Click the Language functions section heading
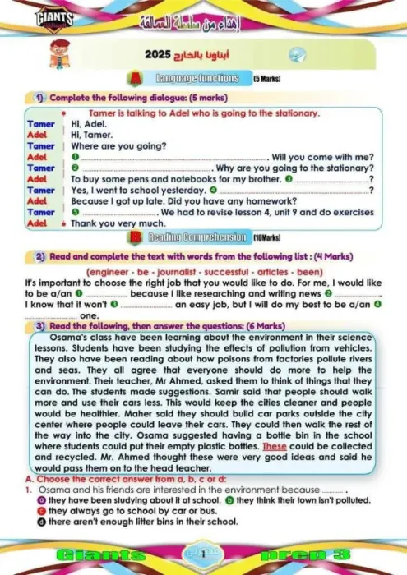pos(197,79)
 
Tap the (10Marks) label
pos(268,238)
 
